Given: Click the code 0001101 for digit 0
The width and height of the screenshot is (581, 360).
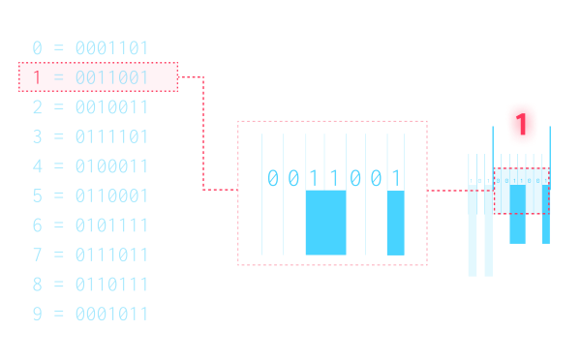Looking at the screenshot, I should [111, 48].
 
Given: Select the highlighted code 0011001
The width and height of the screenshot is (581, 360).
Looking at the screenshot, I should [111, 77].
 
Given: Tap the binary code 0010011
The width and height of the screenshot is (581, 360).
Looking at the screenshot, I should [111, 107].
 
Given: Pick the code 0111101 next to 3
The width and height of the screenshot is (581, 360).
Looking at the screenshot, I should [111, 136].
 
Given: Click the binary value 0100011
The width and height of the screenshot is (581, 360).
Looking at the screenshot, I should [111, 166].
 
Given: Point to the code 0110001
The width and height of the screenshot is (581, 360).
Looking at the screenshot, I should [111, 196].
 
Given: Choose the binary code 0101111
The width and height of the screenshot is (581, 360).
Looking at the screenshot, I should [111, 225].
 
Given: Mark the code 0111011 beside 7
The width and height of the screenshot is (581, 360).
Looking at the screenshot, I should [111, 255].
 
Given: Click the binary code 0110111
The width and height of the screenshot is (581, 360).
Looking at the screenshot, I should [111, 285].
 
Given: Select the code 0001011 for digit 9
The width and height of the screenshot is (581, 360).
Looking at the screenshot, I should [111, 315].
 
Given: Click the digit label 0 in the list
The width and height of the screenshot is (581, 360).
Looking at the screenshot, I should [37, 48].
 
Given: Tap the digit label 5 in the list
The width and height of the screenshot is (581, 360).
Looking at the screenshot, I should [37, 196].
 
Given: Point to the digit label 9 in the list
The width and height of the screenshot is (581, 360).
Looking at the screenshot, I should [37, 315].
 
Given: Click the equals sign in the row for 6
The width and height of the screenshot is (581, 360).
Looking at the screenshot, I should [59, 225].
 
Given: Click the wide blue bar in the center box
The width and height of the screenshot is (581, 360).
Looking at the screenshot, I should [325, 223].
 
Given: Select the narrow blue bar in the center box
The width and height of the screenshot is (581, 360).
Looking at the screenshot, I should [395, 223].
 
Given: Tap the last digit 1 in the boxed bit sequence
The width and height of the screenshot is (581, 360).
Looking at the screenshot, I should [395, 178].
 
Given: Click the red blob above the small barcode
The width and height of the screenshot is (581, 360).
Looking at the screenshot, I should [521, 123].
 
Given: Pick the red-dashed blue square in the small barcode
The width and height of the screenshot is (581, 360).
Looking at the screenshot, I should [521, 191].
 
